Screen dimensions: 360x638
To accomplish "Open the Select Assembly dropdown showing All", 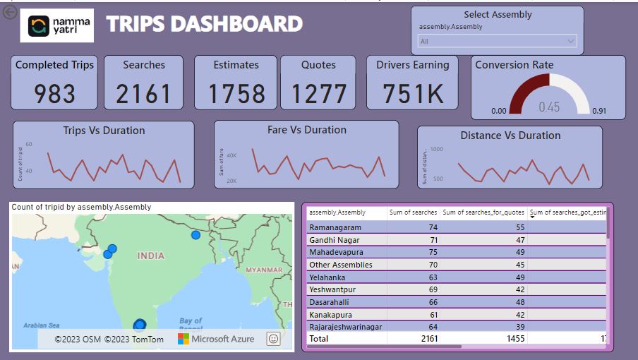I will pos(498,42).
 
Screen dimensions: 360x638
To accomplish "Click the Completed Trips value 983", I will pos(54,93).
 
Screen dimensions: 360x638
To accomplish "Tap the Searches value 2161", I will pos(143,93).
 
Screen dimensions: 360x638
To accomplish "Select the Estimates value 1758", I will pos(236,93).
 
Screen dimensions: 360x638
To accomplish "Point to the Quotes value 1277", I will pos(318,93).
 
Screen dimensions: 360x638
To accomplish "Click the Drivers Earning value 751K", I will pos(412,93).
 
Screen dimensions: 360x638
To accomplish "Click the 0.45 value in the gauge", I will pos(549,107).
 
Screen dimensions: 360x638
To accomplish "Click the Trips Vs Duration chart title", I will pos(104,131).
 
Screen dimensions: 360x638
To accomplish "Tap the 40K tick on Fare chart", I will pos(231,155).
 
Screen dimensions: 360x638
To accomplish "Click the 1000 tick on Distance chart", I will pos(436,150).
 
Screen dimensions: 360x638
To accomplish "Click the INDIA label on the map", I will pos(150,256).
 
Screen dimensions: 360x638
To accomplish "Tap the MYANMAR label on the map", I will pos(263,270).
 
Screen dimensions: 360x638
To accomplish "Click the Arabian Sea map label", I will pos(41,325).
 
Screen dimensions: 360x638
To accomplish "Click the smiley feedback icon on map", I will pos(273,339).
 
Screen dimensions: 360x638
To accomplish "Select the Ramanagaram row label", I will pos(335,227).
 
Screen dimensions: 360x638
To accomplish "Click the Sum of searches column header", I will pos(414,212).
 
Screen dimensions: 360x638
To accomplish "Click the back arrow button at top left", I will pos(10,13).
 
